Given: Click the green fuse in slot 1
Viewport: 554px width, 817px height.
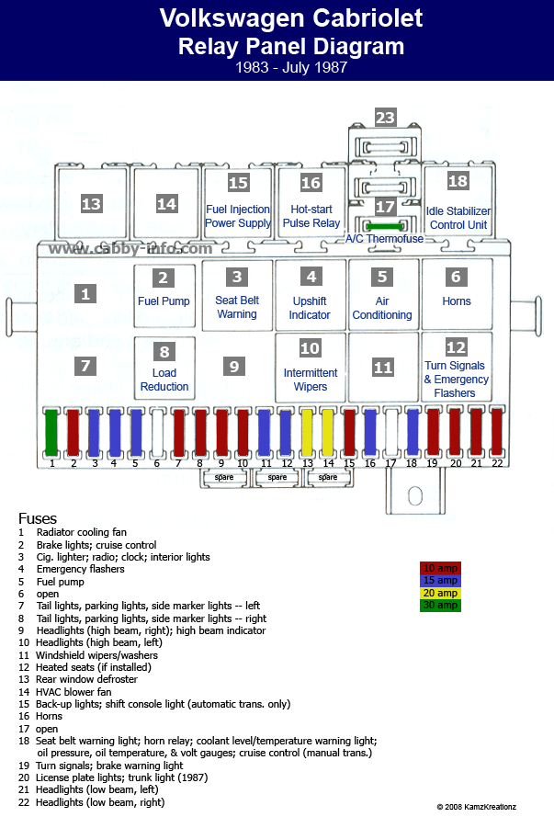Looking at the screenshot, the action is (x=51, y=433).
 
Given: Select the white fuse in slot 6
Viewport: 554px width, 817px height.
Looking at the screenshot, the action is (x=157, y=433).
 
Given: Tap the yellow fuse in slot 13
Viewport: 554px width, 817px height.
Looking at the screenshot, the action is (x=307, y=433).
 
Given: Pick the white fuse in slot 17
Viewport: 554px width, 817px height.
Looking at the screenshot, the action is (x=390, y=433).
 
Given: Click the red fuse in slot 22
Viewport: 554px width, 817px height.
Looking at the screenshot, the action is (x=497, y=433).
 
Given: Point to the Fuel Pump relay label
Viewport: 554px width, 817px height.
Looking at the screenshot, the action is (x=164, y=301).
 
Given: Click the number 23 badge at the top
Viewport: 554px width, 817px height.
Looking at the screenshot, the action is (x=385, y=118).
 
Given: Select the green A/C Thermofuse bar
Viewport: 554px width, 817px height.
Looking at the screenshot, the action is (x=385, y=226).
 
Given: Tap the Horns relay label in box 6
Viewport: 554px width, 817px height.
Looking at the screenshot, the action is (x=457, y=301).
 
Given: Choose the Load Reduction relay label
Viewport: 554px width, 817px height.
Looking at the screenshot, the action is (x=164, y=380).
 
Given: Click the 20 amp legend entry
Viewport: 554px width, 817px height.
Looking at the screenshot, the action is (x=440, y=593).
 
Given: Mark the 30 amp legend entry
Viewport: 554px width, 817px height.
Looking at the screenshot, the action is (x=440, y=606).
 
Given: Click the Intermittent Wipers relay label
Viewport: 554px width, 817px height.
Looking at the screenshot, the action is (x=311, y=380).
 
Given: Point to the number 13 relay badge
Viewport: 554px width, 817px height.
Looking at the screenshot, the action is (x=91, y=203).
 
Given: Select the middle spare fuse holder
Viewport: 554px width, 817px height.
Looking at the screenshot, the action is (x=277, y=477).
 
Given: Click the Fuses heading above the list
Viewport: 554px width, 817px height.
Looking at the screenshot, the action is (x=38, y=518).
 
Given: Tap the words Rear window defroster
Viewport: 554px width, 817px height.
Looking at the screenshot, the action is (x=86, y=679).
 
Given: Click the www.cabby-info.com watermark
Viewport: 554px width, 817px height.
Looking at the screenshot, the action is (x=130, y=248).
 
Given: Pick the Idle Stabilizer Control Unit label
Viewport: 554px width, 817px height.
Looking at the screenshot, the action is (x=458, y=218).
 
